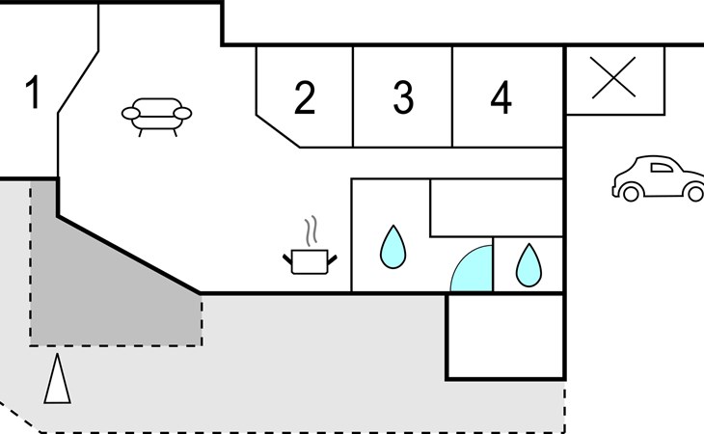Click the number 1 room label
point(33,92)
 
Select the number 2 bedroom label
point(305,97)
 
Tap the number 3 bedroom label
point(403,97)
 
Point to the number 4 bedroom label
point(501,97)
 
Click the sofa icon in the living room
point(156,117)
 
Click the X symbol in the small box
point(613,77)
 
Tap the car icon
point(659,178)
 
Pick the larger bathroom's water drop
point(393,247)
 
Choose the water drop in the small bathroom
point(528,265)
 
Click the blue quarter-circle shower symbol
point(472,268)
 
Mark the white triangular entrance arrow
point(58,379)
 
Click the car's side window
point(662,168)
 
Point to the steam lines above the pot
point(311,231)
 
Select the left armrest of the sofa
point(130,114)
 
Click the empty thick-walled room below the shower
point(505,337)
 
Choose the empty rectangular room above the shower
point(497,207)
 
